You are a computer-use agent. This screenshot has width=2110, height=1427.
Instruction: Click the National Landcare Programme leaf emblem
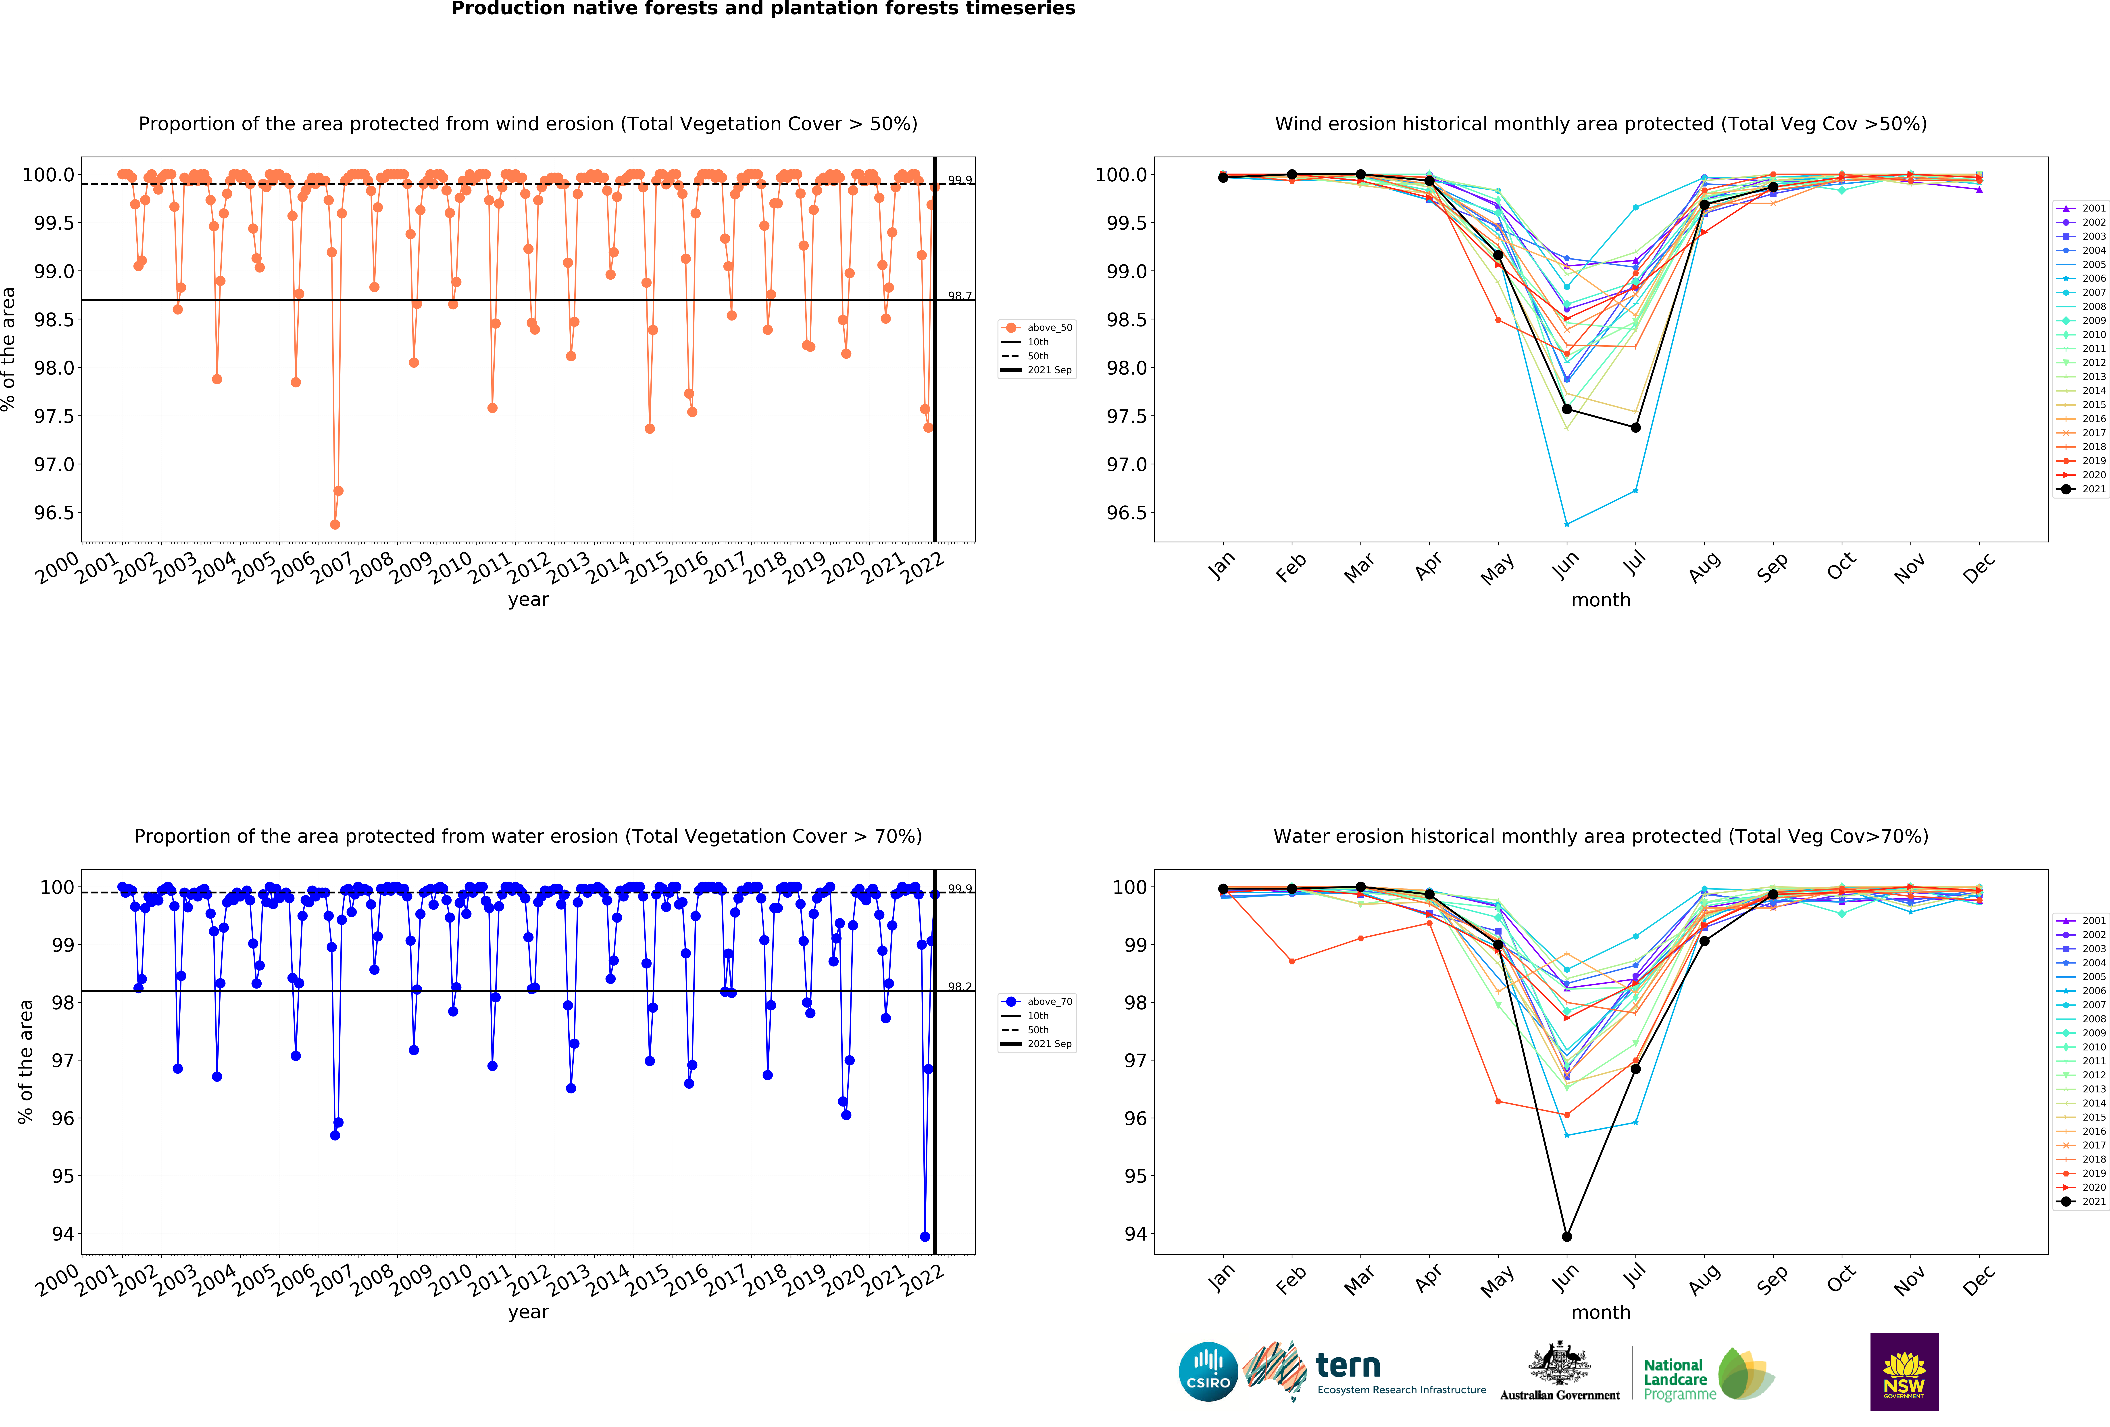click(x=1745, y=1373)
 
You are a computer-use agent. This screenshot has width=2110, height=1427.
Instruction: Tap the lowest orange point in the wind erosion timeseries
click(x=335, y=524)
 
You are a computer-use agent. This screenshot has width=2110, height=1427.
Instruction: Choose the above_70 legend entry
click(x=1049, y=1001)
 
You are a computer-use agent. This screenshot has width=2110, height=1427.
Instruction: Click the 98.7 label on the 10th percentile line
click(x=960, y=295)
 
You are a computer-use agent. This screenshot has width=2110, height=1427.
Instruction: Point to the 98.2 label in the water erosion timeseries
click(x=960, y=987)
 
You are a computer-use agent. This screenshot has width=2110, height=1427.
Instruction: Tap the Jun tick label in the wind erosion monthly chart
click(x=1564, y=566)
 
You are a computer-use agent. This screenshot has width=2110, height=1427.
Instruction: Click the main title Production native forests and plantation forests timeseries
click(x=763, y=9)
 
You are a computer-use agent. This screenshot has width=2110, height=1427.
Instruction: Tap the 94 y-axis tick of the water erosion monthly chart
click(x=1135, y=1234)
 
